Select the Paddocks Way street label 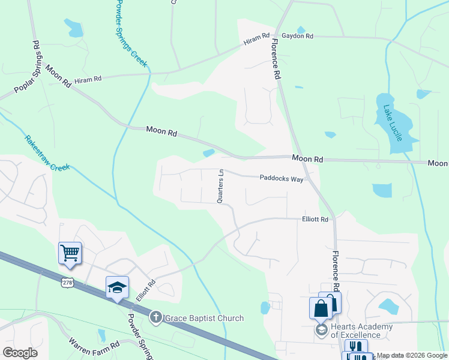[x=282, y=178]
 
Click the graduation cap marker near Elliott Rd [x=117, y=287]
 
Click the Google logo [x=20, y=353]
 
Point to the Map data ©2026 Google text [x=412, y=356]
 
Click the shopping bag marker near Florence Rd [x=321, y=307]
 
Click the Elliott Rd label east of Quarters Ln [x=315, y=220]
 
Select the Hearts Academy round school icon [x=321, y=331]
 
